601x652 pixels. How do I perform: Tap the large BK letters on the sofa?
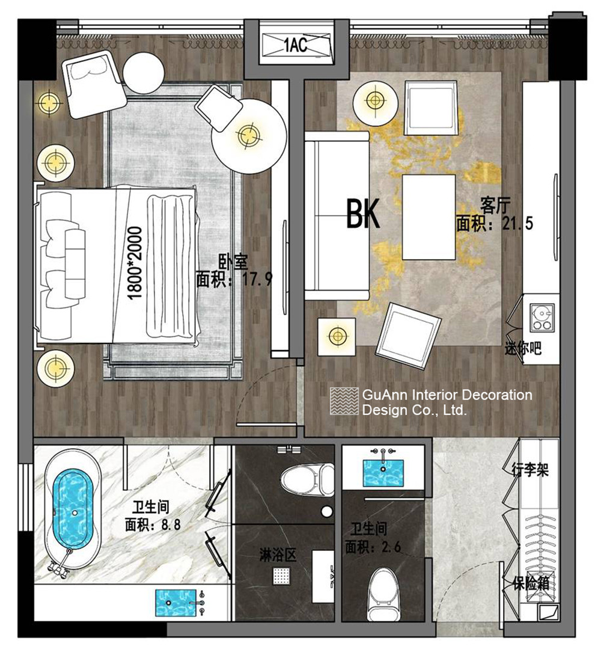coord(363,214)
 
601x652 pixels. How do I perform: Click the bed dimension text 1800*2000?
coord(135,263)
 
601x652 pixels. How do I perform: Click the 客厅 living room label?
coord(495,206)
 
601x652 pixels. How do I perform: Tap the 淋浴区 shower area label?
coord(278,555)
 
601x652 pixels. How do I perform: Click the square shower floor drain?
coord(281,576)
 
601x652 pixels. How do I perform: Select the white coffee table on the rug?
coord(429,217)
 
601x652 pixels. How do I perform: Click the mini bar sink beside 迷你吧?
coord(542,318)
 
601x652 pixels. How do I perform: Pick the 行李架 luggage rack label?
coord(530,470)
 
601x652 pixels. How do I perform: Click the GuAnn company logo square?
coord(344,401)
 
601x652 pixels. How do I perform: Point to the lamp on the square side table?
coord(337,336)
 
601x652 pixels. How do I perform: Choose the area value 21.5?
coord(517,223)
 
